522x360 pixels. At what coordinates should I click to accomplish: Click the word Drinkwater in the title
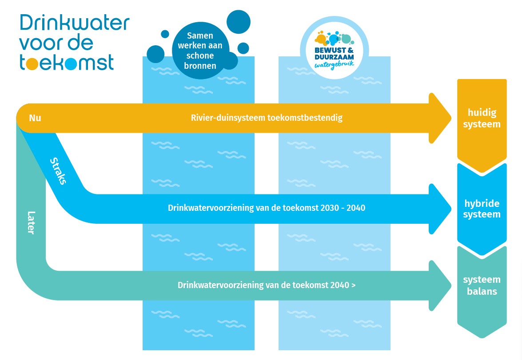[74, 23]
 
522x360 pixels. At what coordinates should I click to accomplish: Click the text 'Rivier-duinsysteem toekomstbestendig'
[267, 118]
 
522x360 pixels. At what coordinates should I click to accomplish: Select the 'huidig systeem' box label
[482, 119]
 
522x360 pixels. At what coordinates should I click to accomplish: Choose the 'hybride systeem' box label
[482, 209]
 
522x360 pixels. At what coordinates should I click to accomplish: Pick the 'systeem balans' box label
[482, 285]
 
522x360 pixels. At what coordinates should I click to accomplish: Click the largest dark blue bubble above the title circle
[239, 20]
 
